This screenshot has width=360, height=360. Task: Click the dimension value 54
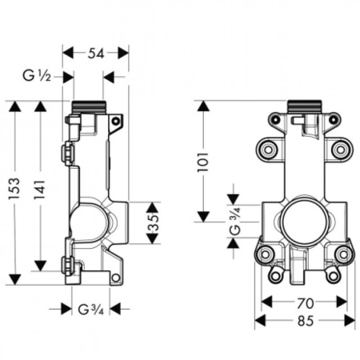click(x=95, y=53)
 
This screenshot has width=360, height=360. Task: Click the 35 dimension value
click(x=153, y=222)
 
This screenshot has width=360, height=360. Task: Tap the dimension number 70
click(x=305, y=302)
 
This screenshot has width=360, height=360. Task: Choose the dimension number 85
click(x=305, y=320)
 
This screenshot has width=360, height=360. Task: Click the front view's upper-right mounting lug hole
click(x=341, y=149)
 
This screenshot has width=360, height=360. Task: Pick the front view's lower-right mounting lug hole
click(x=343, y=254)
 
